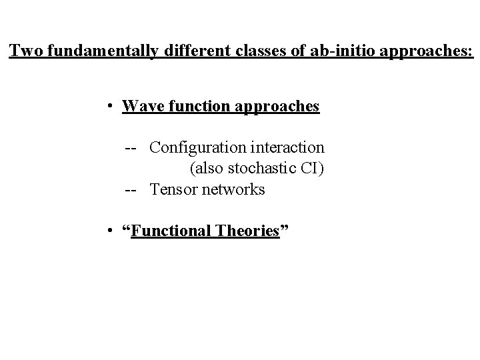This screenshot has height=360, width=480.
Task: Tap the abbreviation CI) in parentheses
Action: click(x=310, y=168)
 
